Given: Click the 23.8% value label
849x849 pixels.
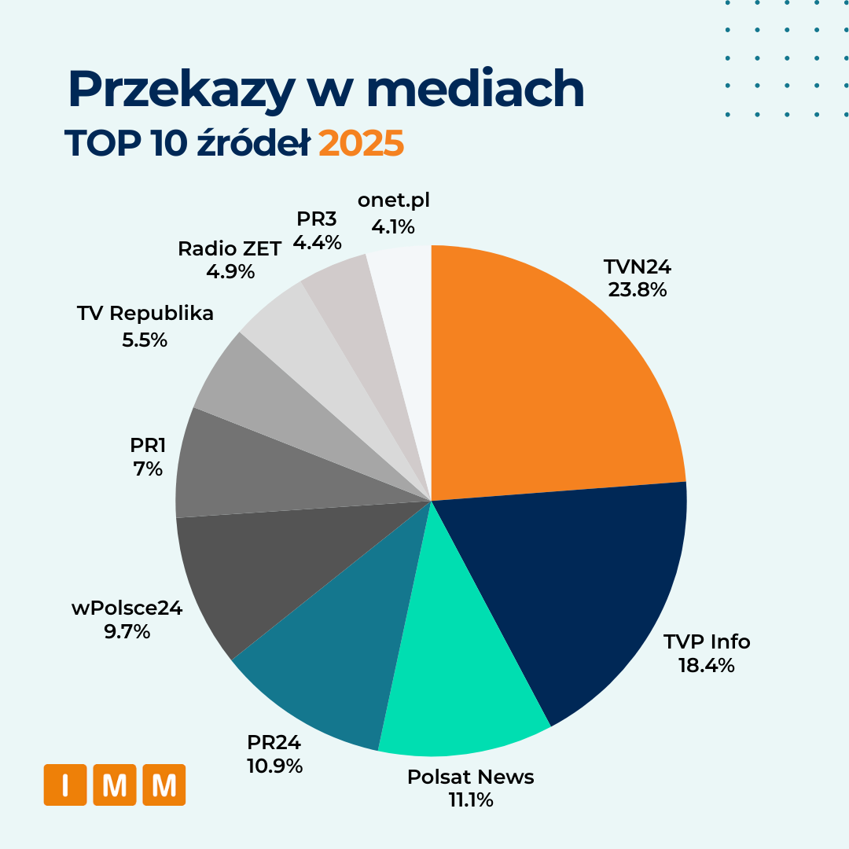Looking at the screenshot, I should (x=637, y=290).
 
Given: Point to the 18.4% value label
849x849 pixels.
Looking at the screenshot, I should (x=706, y=666).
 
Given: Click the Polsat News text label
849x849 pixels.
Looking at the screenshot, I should (x=470, y=777).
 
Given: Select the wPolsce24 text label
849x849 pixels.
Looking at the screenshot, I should (x=127, y=608).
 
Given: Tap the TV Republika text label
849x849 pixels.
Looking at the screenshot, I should (x=145, y=314).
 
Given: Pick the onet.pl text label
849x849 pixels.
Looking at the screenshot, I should (x=393, y=200).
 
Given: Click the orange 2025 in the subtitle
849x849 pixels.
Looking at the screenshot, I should (x=361, y=144).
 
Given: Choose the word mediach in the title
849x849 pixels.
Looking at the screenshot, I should (x=476, y=90).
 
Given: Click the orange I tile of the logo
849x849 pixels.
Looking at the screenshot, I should (x=64, y=785).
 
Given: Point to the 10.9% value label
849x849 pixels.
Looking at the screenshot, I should (x=274, y=766).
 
